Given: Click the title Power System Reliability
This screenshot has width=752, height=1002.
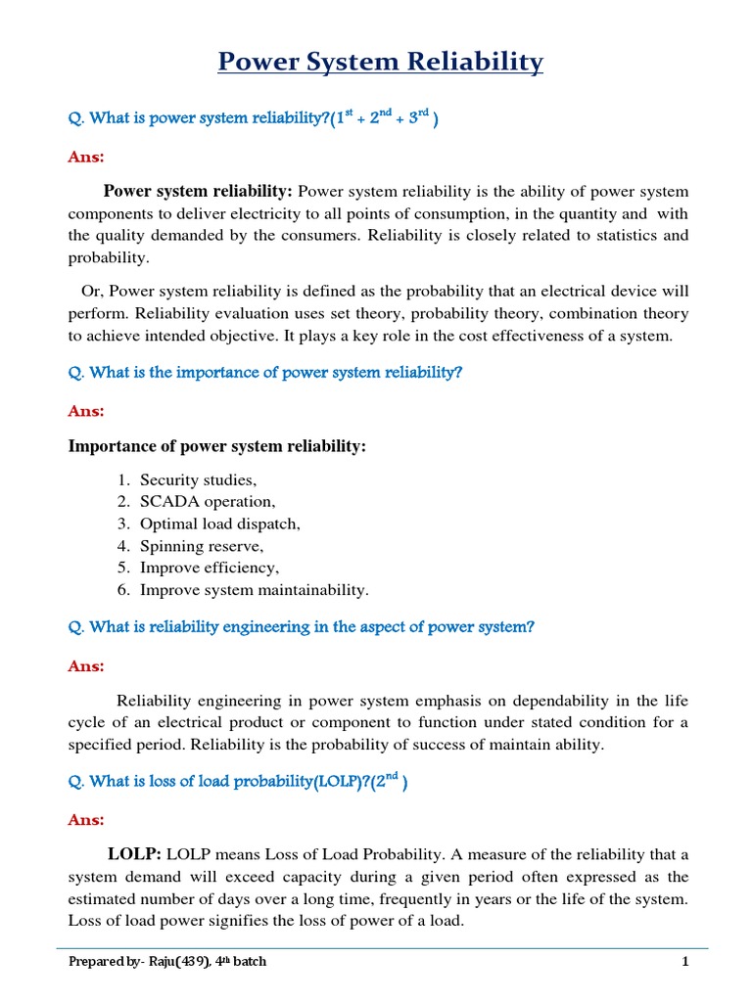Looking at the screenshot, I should [x=380, y=63].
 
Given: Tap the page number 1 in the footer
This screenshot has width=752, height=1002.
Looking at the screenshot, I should [x=686, y=962].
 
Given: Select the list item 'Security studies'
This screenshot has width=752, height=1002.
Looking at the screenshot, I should [x=198, y=479].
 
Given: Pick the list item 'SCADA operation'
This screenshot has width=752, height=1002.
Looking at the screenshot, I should [x=208, y=502].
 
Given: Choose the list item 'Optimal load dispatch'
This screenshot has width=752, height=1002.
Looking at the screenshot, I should [x=219, y=524].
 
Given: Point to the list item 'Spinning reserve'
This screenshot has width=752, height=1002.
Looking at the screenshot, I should [x=202, y=546].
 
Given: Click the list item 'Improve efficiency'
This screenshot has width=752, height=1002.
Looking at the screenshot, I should [x=210, y=568].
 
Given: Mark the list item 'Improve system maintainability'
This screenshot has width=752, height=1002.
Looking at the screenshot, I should [x=255, y=590].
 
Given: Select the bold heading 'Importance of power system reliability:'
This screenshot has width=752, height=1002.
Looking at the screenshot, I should [x=216, y=446].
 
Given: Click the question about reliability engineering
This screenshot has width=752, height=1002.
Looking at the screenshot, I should [x=302, y=627].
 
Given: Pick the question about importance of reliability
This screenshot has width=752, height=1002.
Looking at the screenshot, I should [x=264, y=373].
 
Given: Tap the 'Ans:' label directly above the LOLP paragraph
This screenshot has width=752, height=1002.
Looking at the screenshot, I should [x=85, y=820].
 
